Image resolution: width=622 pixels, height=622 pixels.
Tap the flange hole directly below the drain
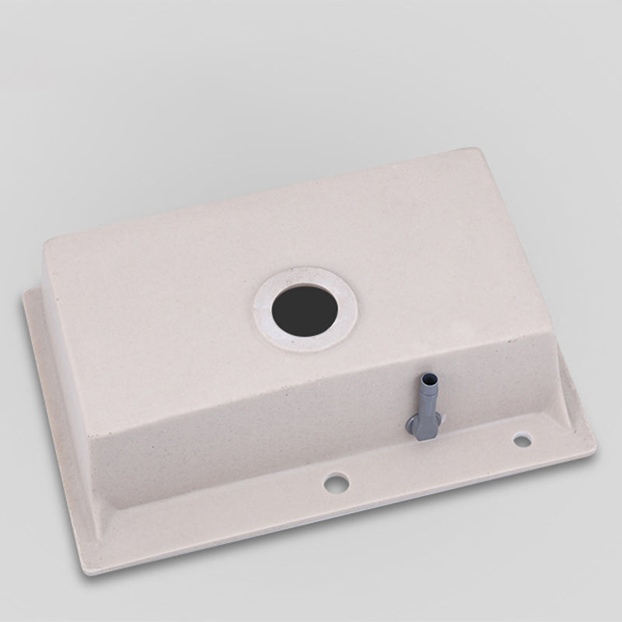click(337, 482)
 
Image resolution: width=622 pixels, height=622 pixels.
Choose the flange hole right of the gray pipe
click(522, 441)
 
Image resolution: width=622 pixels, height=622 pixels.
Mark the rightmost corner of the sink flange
click(596, 447)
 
